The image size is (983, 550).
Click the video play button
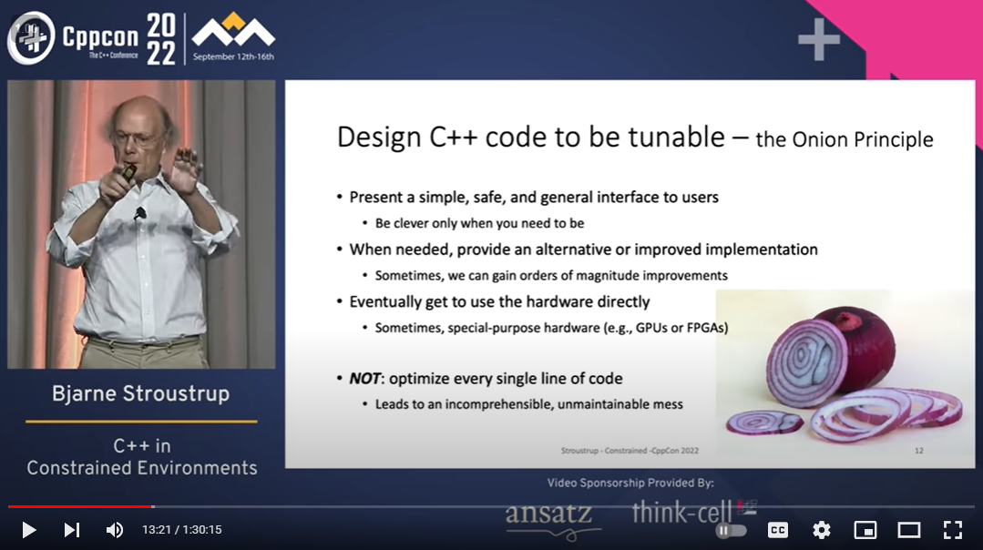tap(28, 529)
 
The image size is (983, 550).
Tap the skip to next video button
tap(71, 529)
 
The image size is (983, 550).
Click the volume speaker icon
tap(114, 529)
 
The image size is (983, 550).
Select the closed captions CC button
tap(778, 529)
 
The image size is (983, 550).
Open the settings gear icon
tap(821, 529)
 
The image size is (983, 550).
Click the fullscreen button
tap(952, 529)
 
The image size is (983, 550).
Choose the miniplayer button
tap(865, 529)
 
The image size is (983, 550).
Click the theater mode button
tap(908, 529)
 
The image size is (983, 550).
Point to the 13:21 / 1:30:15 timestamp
tap(181, 529)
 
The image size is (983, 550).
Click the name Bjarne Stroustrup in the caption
tap(140, 394)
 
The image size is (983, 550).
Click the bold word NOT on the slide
tap(369, 378)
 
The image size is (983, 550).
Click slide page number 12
tap(918, 450)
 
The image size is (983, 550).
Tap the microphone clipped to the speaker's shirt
tap(140, 214)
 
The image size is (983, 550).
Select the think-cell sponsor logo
tap(685, 512)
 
